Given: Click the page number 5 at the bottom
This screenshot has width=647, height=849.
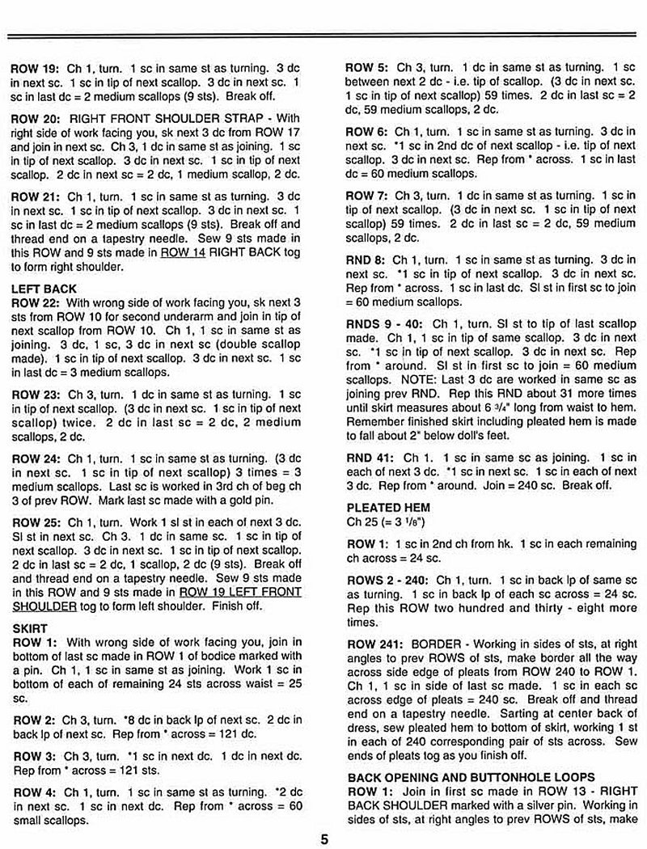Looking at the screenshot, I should pyautogui.click(x=323, y=838).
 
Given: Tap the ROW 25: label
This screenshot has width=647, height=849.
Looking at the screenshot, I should pyautogui.click(x=30, y=523).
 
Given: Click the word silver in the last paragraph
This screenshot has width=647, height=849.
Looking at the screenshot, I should pyautogui.click(x=541, y=804).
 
